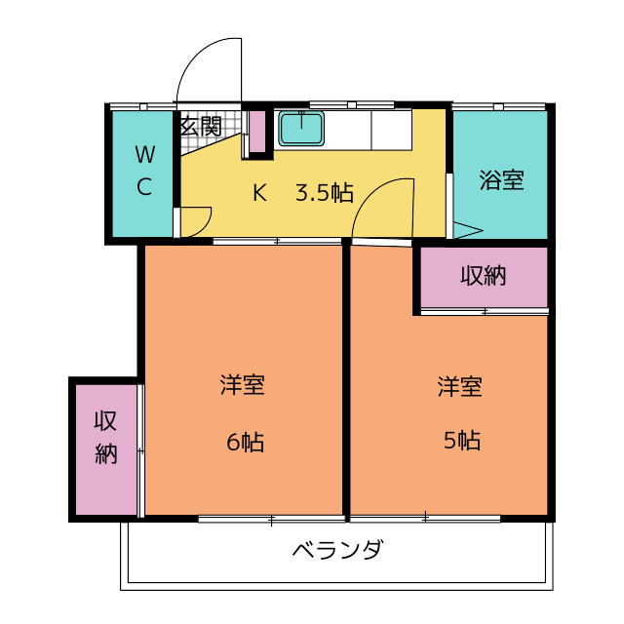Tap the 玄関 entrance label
(x=201, y=127)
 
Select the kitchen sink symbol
(x=301, y=128)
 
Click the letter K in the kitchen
(x=259, y=192)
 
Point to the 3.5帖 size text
(x=325, y=192)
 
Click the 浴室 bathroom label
(x=501, y=180)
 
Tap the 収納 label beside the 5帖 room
(x=484, y=275)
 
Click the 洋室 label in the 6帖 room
(x=242, y=385)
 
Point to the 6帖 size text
(x=246, y=442)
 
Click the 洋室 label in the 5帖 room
(x=459, y=386)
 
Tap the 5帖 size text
(x=462, y=441)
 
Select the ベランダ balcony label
(x=337, y=550)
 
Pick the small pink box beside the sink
(x=257, y=132)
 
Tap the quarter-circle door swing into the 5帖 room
(x=375, y=204)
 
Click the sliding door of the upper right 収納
(x=485, y=311)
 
